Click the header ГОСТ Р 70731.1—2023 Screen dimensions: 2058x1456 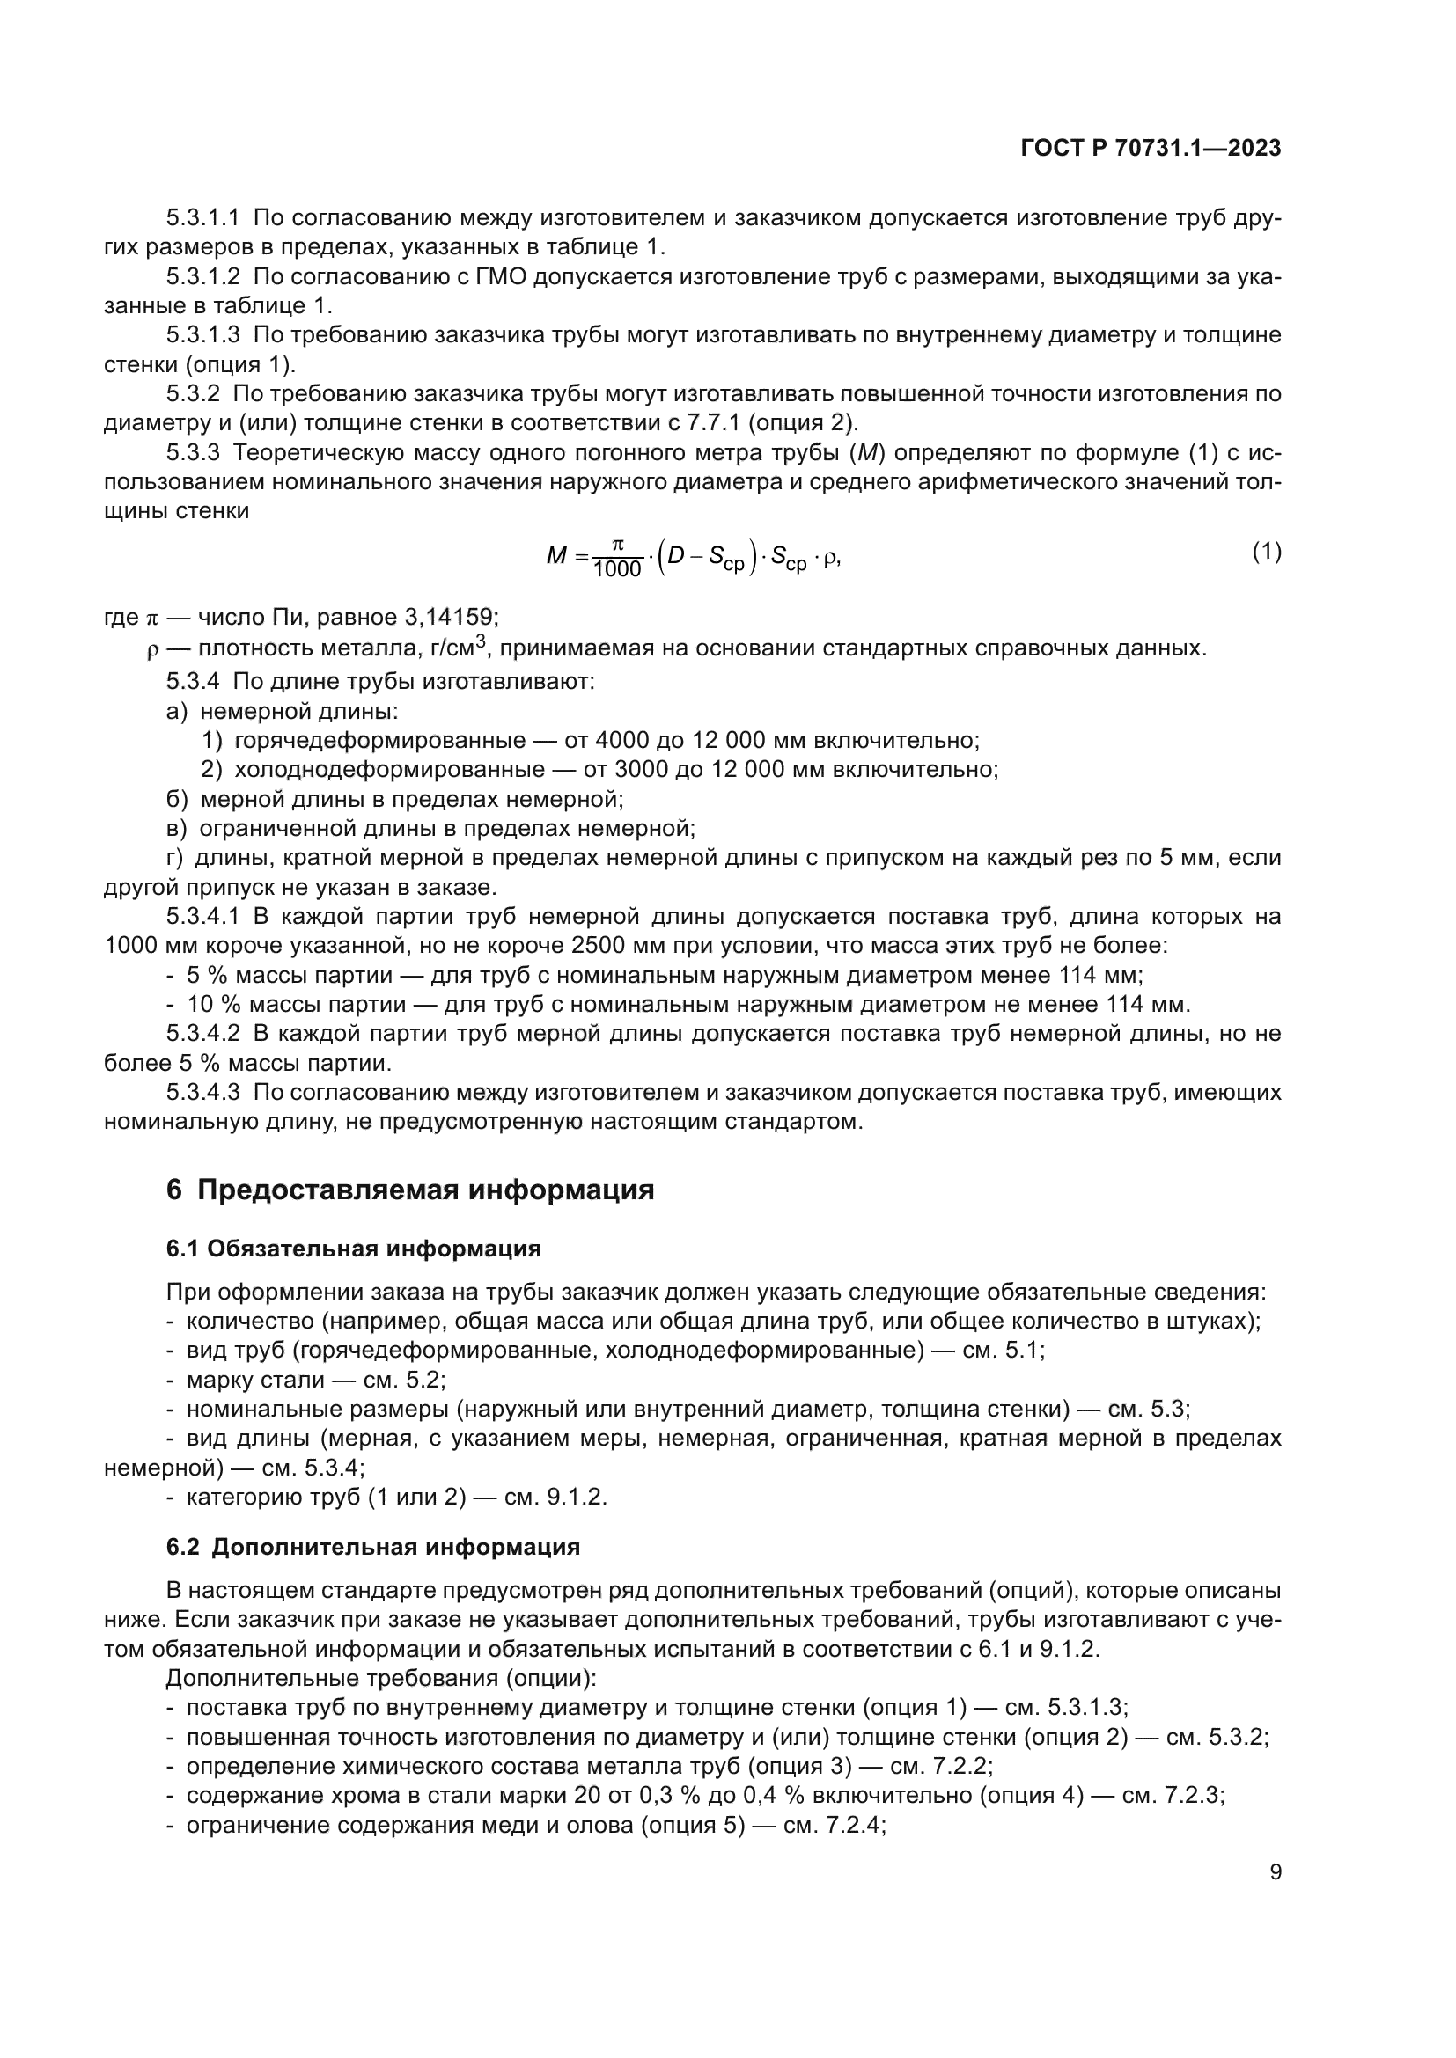1151,149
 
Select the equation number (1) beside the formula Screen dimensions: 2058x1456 1266,553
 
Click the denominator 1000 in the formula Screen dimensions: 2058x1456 617,570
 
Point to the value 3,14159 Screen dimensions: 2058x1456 450,618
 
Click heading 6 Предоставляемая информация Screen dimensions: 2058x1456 409,1190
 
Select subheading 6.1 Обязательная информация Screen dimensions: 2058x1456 353,1249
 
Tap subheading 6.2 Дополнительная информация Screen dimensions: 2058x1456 373,1547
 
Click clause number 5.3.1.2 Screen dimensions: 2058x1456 202,277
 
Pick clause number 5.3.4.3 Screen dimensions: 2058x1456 202,1093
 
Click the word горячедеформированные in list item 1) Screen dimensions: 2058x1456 380,740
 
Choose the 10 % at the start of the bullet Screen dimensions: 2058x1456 209,1004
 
